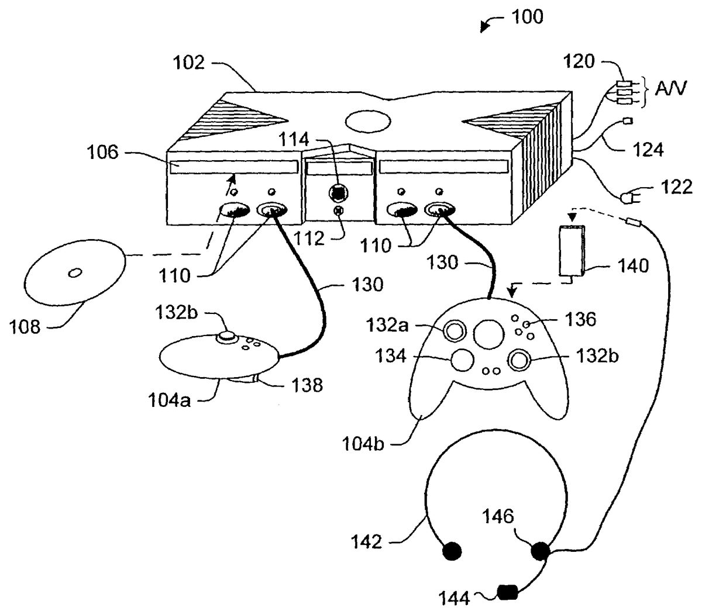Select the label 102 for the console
tap(188, 62)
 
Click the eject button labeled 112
tap(338, 211)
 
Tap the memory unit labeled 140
tap(572, 250)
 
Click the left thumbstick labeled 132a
tap(454, 331)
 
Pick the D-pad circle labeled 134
tap(462, 360)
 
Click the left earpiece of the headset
tap(452, 550)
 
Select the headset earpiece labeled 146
tap(539, 550)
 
